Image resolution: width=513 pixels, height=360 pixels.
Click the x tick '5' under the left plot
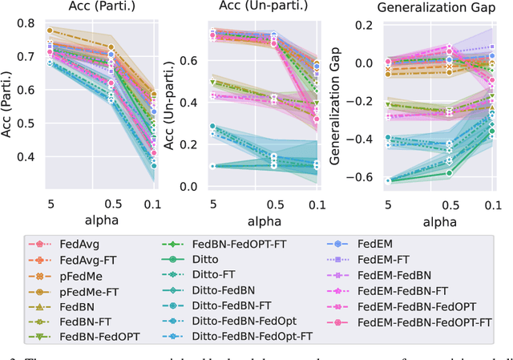coord(50,202)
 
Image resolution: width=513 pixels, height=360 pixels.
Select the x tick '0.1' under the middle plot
coord(315,202)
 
